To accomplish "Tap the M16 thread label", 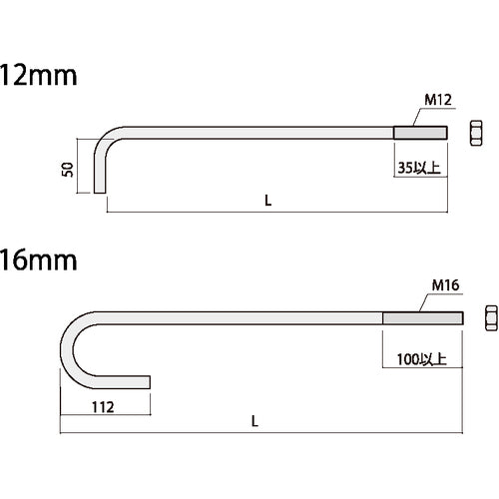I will (444, 285).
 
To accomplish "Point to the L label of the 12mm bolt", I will (267, 200).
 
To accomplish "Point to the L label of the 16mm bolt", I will (254, 422).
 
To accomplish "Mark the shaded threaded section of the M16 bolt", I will (421, 317).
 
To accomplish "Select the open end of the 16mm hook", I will (147, 381).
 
